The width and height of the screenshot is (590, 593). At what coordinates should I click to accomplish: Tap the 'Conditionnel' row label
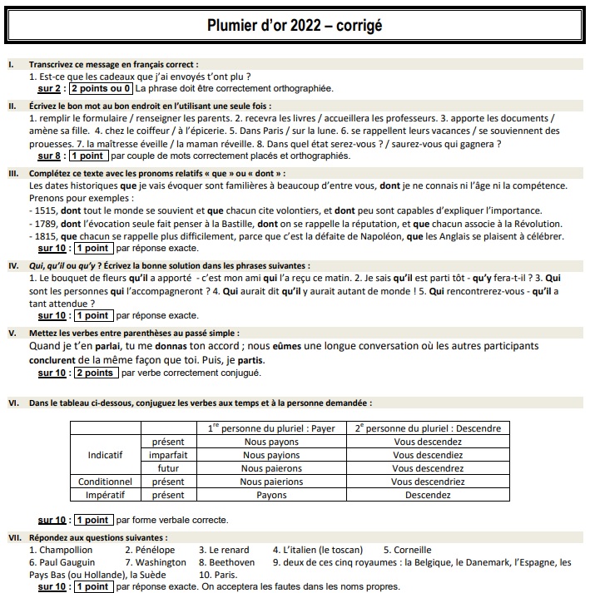(x=106, y=482)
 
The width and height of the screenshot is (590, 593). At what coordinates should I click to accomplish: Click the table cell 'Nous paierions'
(x=271, y=482)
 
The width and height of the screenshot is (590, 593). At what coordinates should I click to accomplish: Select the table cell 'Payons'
(x=271, y=495)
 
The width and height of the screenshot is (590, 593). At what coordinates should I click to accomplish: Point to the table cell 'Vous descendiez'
(x=428, y=456)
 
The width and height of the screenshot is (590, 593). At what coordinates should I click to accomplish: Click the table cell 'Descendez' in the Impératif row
(x=428, y=495)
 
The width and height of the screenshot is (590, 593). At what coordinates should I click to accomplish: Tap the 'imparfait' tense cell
(x=168, y=456)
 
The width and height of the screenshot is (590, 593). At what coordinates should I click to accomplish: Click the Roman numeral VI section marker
(x=13, y=403)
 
